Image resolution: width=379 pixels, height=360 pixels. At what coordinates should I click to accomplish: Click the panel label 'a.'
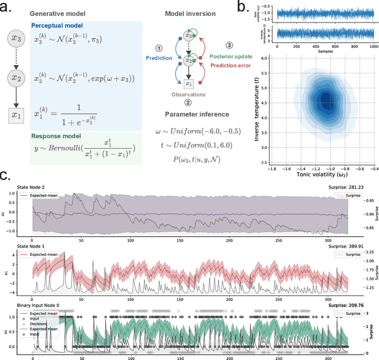pyautogui.click(x=7, y=7)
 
